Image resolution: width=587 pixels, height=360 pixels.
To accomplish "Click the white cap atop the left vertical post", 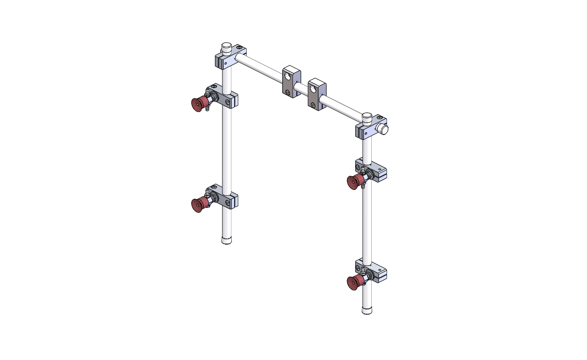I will (x=226, y=47).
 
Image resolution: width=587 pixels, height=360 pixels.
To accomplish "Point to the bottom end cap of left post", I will (x=226, y=241).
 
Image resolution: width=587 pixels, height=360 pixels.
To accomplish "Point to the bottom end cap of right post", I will (x=367, y=310).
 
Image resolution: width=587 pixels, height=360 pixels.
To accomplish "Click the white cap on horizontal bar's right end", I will (x=384, y=129).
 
